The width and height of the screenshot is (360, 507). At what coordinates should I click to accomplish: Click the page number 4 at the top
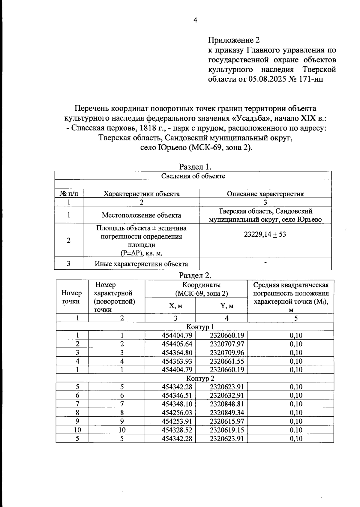[195, 20]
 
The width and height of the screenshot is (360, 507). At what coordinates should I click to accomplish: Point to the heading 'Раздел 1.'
[196, 166]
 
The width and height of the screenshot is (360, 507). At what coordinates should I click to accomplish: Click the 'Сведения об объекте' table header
[193, 176]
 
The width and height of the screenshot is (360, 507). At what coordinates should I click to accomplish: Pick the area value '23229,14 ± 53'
[265, 234]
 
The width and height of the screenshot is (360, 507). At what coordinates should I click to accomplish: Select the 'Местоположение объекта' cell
[141, 215]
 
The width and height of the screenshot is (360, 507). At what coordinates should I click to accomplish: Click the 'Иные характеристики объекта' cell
[141, 264]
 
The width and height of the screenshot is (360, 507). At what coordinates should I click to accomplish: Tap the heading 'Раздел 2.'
[196, 275]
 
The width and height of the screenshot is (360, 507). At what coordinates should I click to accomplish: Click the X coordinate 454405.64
[177, 344]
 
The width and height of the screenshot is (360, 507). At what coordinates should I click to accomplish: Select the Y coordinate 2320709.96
[227, 352]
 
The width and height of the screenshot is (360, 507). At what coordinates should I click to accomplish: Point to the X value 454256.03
[177, 413]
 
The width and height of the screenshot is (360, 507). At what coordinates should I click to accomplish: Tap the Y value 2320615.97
[227, 421]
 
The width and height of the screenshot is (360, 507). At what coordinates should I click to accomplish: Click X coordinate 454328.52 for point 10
[177, 430]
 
